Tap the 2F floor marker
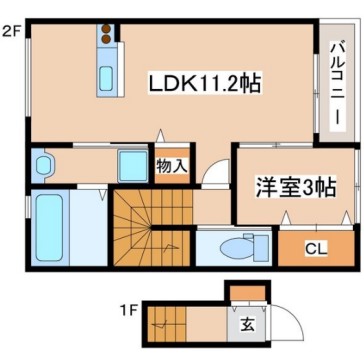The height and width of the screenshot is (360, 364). tap(11, 31)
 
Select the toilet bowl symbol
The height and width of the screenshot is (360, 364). tap(241, 246)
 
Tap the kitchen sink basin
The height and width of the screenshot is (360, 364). tap(104, 77)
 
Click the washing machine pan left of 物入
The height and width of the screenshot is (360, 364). tap(130, 163)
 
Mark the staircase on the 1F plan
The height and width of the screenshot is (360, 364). tap(171, 324)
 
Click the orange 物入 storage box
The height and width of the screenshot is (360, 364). tap(171, 166)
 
